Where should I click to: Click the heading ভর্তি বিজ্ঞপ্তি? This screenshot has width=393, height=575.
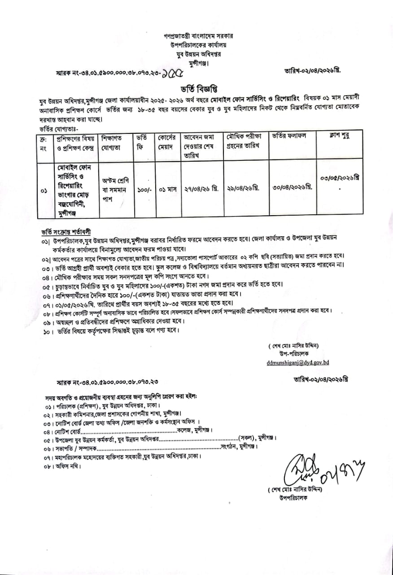click(196, 88)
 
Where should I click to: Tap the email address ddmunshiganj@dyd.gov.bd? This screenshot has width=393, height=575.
click(298, 362)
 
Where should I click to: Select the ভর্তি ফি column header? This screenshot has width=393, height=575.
click(142, 142)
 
